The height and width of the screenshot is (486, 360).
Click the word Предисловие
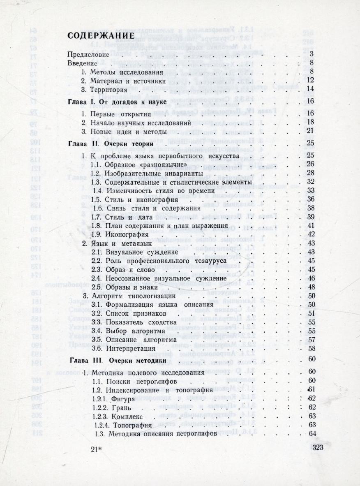(88, 54)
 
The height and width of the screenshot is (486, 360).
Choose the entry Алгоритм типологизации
(129, 296)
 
